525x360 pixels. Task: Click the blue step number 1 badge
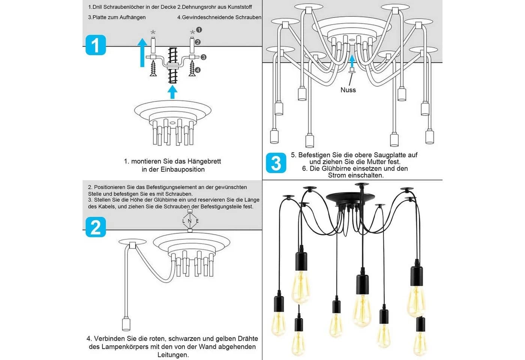pyautogui.click(x=96, y=45)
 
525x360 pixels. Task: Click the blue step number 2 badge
pyautogui.click(x=96, y=227)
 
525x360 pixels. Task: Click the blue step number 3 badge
pyautogui.click(x=276, y=163)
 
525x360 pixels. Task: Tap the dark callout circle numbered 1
pyautogui.click(x=199, y=30)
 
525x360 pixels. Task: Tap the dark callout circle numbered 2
pyautogui.click(x=198, y=42)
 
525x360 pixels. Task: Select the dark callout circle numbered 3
pyautogui.click(x=203, y=57)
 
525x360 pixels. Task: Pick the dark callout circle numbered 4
pyautogui.click(x=198, y=70)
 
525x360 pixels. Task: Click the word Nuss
pyautogui.click(x=348, y=90)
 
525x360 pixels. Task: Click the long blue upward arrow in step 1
pyautogui.click(x=142, y=52)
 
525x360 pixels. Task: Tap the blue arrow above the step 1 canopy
pyautogui.click(x=172, y=92)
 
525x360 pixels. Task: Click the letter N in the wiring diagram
pyautogui.click(x=190, y=221)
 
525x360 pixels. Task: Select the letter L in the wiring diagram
pyautogui.click(x=184, y=221)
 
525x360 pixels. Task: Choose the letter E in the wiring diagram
pyautogui.click(x=197, y=221)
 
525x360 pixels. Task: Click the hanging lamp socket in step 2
pyautogui.click(x=126, y=324)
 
